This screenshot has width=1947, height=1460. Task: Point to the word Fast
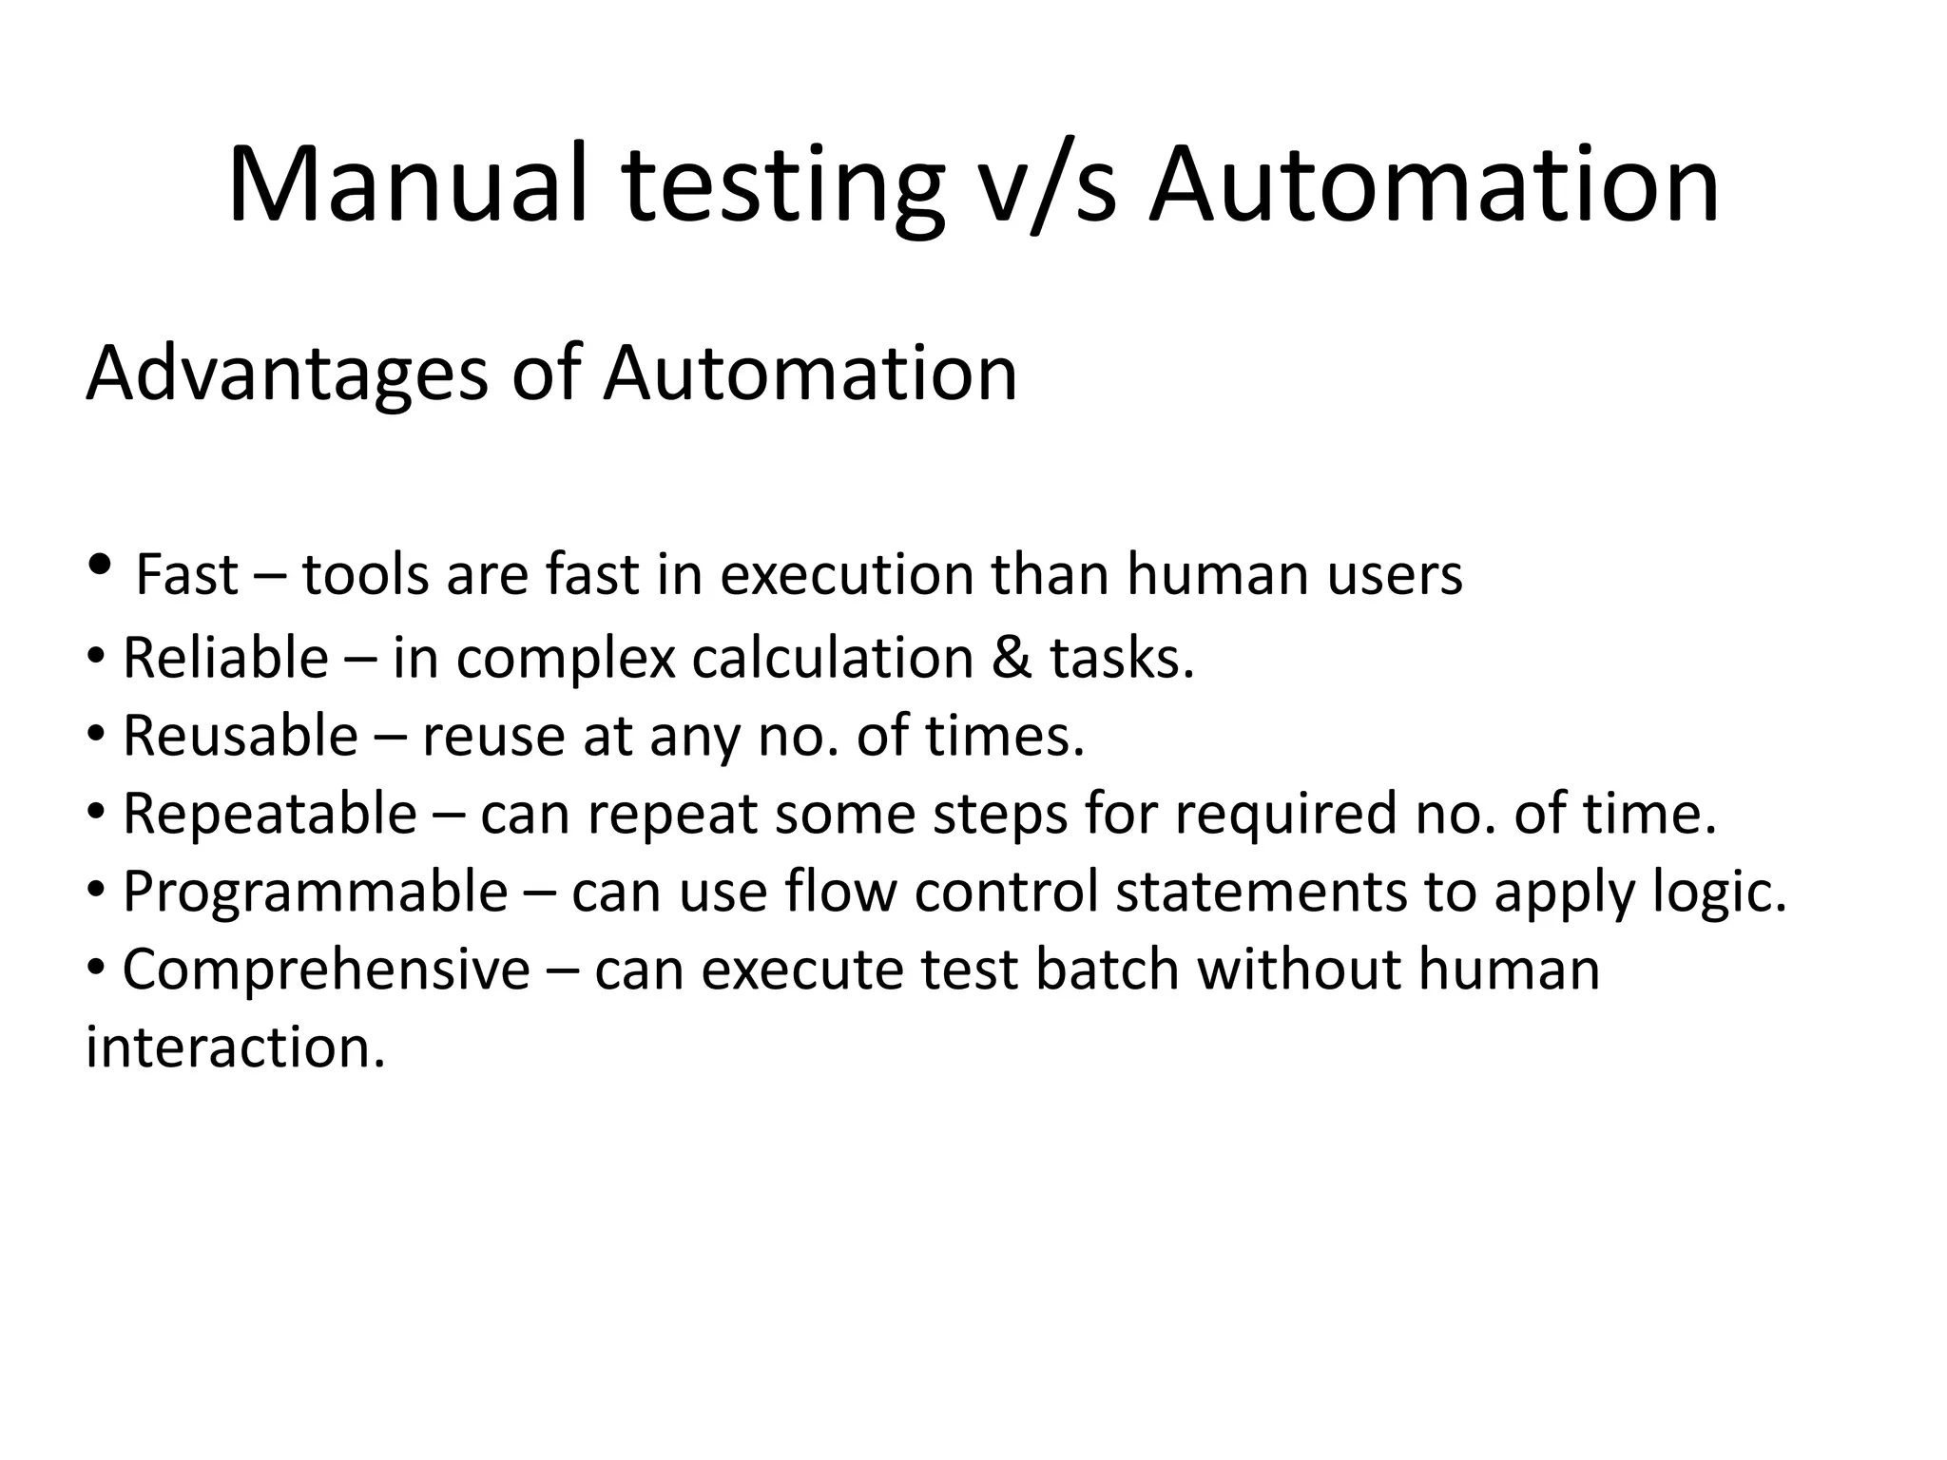(187, 576)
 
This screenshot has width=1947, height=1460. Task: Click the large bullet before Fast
(99, 567)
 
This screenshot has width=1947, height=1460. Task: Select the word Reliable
(225, 658)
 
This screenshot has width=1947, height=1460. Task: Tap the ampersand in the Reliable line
(1012, 658)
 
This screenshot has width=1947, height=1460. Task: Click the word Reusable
(240, 736)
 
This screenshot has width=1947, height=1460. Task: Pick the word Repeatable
(269, 815)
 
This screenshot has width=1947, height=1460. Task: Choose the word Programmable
(315, 893)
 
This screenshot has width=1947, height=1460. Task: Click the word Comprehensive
(326, 970)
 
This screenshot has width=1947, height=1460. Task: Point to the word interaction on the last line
(235, 1047)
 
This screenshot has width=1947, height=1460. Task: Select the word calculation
(832, 658)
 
